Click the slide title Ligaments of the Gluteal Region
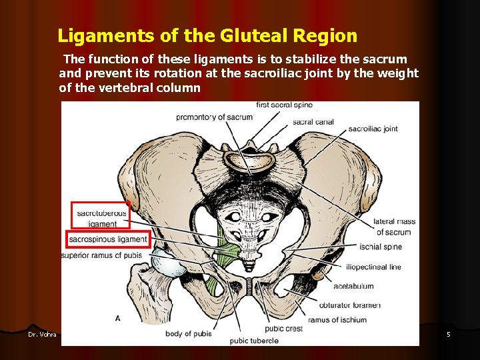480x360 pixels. point(207,35)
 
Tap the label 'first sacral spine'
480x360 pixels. point(284,105)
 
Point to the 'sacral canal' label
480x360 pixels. point(313,122)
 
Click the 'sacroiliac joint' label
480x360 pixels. point(373,129)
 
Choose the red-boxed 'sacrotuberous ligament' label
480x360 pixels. point(101,218)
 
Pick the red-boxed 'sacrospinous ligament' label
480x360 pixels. point(107,239)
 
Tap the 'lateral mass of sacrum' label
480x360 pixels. point(394,227)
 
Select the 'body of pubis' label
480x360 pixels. point(189,333)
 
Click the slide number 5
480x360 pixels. point(449,334)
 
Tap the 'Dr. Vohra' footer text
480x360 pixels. point(42,334)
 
